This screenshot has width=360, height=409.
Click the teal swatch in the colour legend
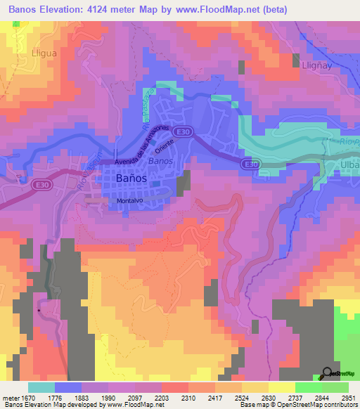41,387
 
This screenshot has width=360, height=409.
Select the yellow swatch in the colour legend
282,387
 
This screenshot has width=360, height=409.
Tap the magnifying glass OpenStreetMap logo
327,372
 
